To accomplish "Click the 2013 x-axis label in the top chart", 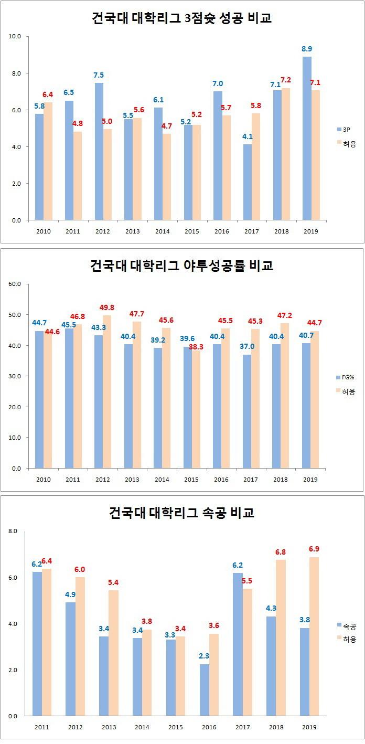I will (x=133, y=231).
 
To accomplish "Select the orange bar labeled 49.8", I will (x=107, y=391).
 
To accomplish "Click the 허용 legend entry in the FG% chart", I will (x=347, y=391).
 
